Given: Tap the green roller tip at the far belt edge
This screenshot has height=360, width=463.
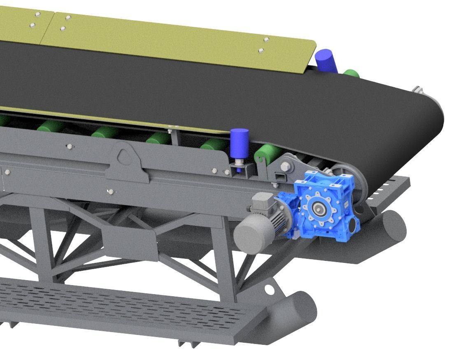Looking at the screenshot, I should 352,74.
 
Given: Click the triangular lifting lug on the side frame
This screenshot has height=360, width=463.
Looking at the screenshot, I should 123,156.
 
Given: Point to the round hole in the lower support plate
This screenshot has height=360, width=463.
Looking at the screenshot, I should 270,290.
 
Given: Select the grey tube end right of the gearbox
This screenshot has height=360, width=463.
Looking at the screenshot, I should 393,225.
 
